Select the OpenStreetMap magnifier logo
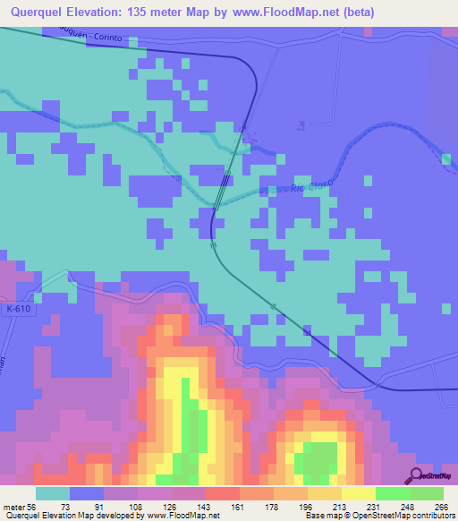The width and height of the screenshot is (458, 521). pos(417,475)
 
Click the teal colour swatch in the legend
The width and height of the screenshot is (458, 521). pos(53,493)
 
